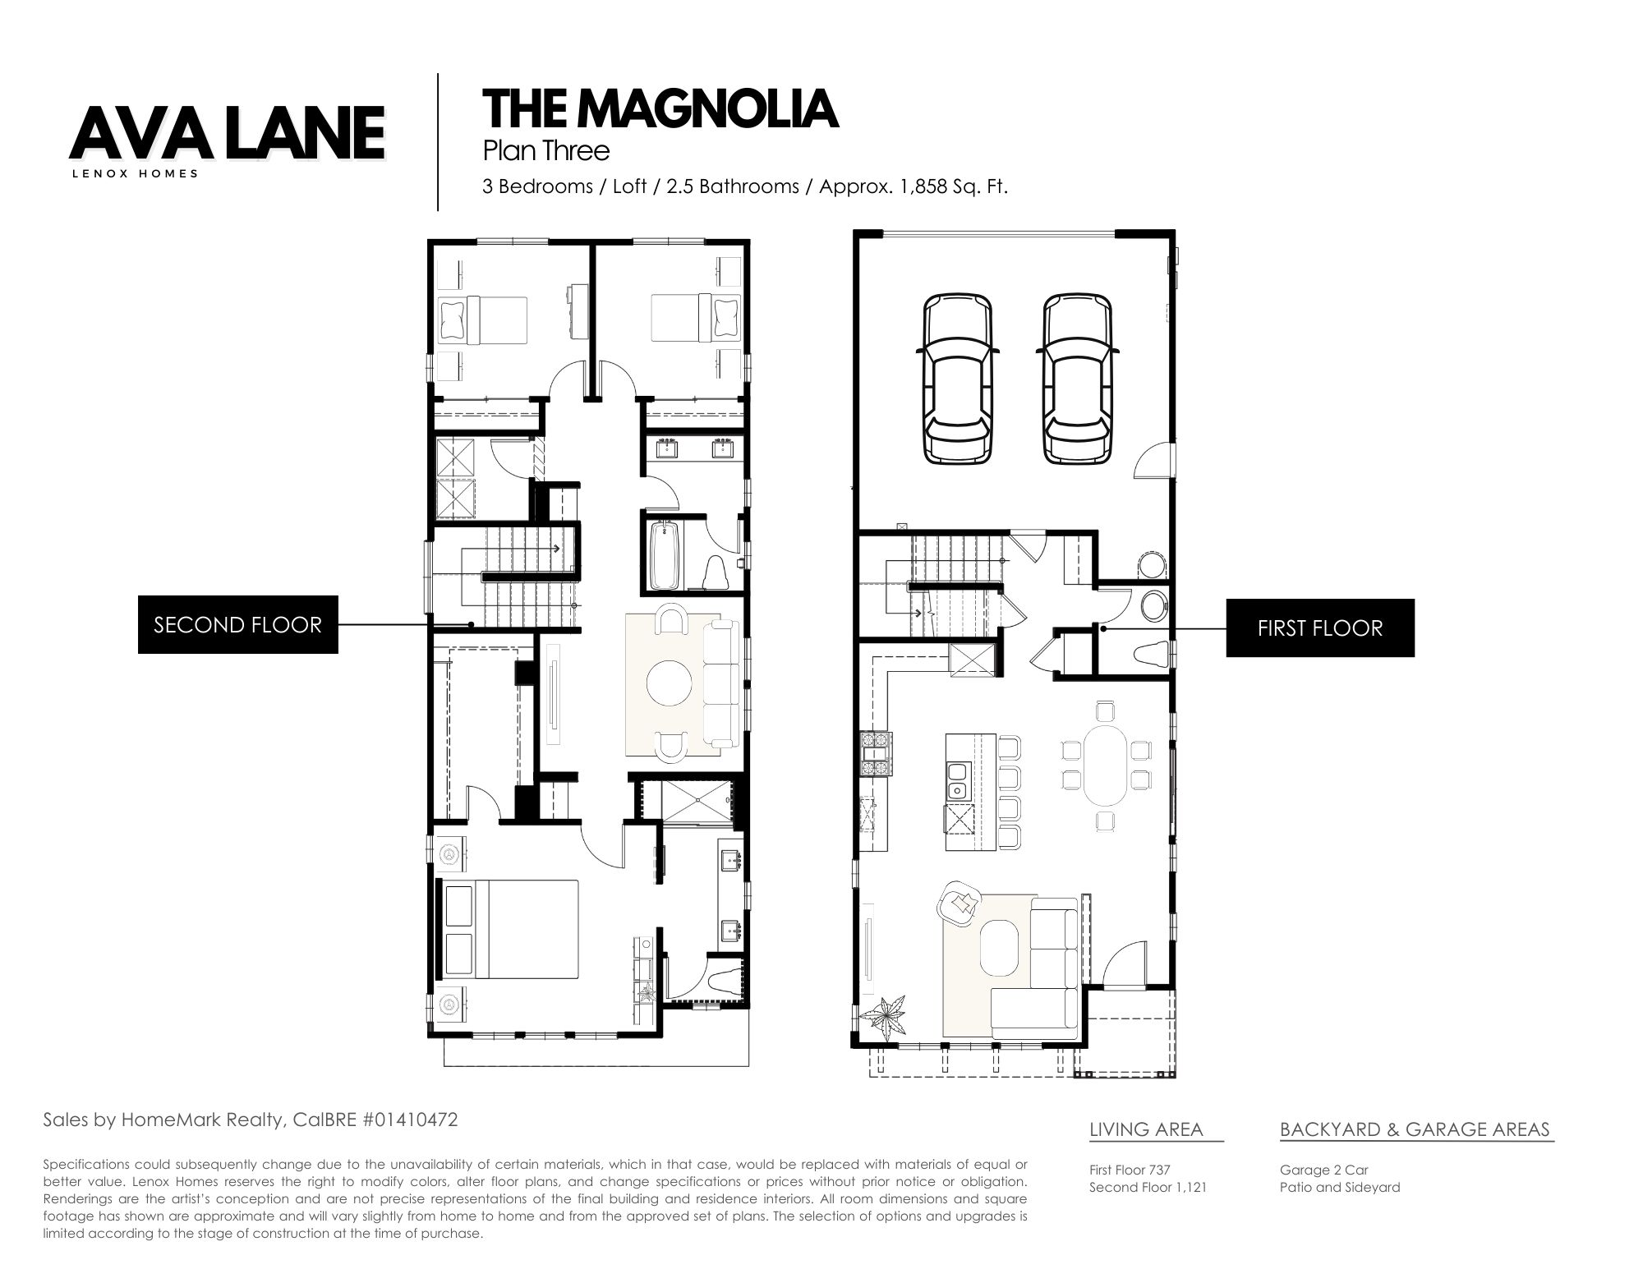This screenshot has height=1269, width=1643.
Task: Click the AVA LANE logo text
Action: click(228, 132)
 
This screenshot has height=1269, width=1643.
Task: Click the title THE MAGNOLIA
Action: click(660, 109)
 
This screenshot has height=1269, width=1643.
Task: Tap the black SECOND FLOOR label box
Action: click(237, 625)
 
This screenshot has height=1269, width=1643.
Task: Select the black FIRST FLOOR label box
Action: click(1320, 628)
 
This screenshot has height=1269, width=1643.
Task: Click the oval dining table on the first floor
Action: click(1105, 764)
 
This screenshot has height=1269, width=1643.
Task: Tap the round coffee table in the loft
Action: click(670, 680)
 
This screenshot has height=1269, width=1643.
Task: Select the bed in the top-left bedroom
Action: click(482, 320)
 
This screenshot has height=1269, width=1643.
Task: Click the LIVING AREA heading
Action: click(1146, 1129)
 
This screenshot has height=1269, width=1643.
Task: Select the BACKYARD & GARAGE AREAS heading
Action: click(1415, 1129)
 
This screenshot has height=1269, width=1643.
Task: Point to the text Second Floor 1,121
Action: click(1148, 1187)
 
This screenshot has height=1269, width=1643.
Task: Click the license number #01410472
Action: click(408, 1120)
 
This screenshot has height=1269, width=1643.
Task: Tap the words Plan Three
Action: click(545, 151)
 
